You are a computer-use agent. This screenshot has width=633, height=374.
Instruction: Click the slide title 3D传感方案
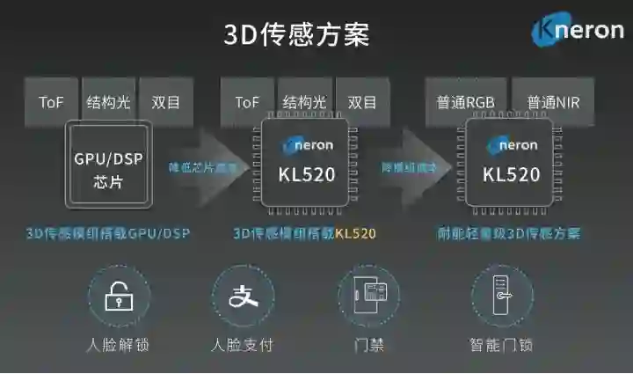click(x=295, y=34)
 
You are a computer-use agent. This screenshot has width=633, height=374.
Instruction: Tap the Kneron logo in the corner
click(x=578, y=32)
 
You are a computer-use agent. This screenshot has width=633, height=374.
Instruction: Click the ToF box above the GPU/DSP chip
click(x=52, y=102)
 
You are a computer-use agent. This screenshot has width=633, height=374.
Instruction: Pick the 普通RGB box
click(x=465, y=102)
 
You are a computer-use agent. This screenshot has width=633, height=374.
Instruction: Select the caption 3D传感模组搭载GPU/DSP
click(x=107, y=234)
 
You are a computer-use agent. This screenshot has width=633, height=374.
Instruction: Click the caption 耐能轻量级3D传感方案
click(x=509, y=234)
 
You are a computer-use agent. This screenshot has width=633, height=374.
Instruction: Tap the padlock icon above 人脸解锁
click(x=119, y=297)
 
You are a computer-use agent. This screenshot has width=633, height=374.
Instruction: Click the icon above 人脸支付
click(x=243, y=297)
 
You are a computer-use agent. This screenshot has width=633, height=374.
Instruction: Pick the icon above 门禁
click(x=368, y=297)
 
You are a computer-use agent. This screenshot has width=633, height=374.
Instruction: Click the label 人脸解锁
click(x=119, y=344)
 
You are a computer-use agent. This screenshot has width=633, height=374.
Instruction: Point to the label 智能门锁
click(x=502, y=344)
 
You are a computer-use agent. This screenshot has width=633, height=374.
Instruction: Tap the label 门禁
click(x=368, y=344)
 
